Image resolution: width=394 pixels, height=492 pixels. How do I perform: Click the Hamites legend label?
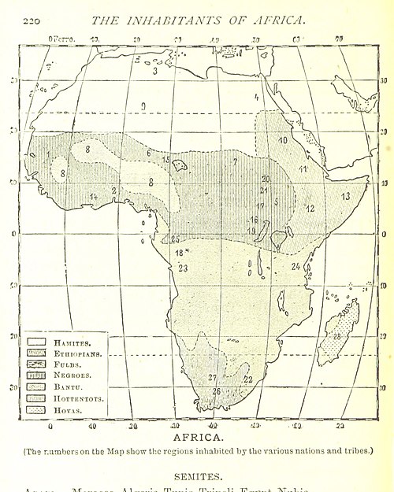click(x=72, y=342)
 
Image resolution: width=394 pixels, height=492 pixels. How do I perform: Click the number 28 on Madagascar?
click(x=337, y=336)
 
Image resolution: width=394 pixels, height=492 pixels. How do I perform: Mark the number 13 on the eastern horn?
click(x=345, y=195)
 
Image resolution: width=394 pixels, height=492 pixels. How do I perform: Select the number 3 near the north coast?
click(x=155, y=71)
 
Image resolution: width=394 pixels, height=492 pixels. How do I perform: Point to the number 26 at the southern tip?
click(x=217, y=390)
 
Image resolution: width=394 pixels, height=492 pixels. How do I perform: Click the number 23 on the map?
click(x=184, y=268)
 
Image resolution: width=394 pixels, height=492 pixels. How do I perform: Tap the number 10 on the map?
click(x=282, y=140)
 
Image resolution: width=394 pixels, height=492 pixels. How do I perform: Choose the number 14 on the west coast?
click(x=93, y=196)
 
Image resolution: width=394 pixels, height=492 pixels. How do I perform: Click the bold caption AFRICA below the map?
click(x=197, y=434)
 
